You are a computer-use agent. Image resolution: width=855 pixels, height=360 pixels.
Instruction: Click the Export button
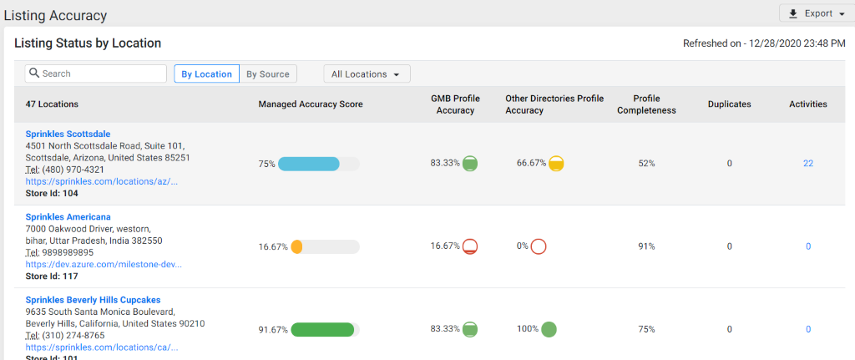click(x=812, y=13)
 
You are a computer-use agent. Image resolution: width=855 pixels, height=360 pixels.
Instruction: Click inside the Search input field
click(x=96, y=74)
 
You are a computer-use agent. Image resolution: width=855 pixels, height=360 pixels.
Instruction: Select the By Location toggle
click(x=206, y=74)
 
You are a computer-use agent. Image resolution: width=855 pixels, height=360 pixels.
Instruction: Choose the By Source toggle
click(x=268, y=74)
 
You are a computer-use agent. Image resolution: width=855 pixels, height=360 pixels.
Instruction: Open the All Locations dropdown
click(x=367, y=74)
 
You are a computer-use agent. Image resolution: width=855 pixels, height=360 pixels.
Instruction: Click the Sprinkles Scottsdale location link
click(x=68, y=134)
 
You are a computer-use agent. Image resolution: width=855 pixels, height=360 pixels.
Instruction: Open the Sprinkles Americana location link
click(x=68, y=217)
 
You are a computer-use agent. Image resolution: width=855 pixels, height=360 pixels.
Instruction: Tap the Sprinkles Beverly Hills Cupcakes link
click(x=93, y=300)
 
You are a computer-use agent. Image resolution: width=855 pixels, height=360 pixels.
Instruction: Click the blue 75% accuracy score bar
click(x=309, y=164)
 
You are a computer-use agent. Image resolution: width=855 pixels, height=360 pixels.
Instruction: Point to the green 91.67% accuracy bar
click(x=322, y=329)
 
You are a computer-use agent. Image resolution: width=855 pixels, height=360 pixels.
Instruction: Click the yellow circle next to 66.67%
click(x=556, y=164)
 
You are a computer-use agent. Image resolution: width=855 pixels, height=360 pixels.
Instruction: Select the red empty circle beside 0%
click(x=539, y=246)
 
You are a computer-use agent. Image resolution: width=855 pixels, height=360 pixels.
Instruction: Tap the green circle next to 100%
click(x=549, y=329)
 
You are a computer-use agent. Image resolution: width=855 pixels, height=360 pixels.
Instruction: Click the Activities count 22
click(x=807, y=164)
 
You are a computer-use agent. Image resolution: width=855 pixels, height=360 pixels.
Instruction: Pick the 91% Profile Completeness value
click(x=646, y=246)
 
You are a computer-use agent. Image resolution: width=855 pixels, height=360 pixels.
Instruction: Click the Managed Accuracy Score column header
click(x=310, y=104)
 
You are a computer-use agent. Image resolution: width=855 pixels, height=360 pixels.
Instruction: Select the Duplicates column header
click(x=729, y=104)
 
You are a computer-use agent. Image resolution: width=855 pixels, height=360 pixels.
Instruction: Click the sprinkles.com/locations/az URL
click(x=101, y=181)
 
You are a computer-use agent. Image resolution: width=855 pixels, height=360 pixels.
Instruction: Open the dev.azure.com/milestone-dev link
click(x=104, y=264)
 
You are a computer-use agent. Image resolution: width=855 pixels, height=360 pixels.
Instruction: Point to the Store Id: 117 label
click(x=51, y=276)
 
